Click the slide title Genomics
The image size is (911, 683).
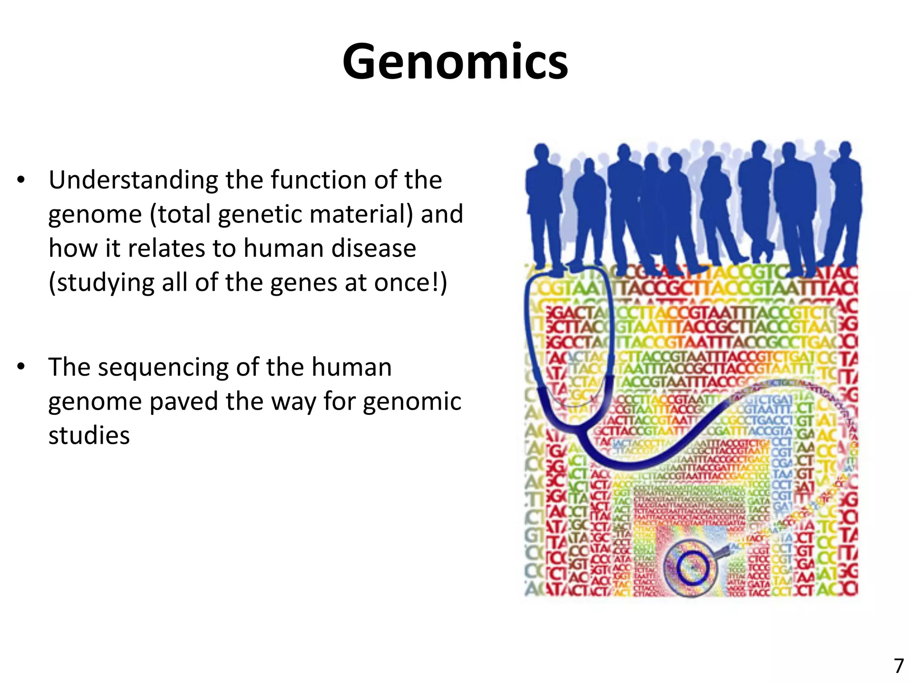455,61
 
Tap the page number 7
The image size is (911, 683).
899,666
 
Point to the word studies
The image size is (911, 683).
89,435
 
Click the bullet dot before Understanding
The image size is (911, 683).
21,181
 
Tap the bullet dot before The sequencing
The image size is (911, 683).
21,367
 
